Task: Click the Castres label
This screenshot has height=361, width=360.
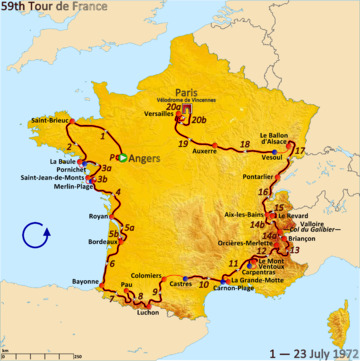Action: coord(181,283)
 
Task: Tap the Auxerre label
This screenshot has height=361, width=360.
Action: coord(204,151)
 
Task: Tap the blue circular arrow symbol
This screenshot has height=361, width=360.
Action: coord(36,238)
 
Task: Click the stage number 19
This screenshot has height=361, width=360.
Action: coord(183,144)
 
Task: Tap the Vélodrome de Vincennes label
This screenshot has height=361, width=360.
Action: coord(180,99)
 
